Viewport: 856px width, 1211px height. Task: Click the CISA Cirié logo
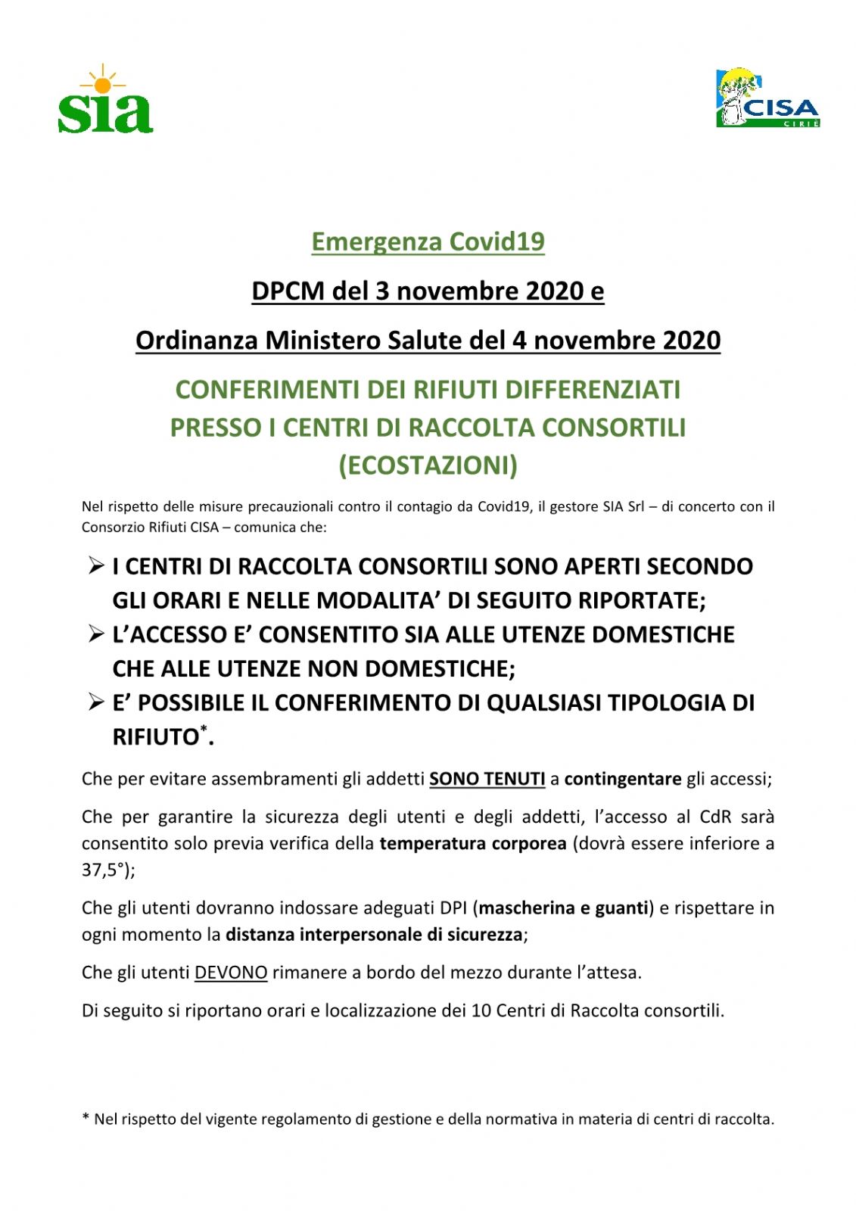click(x=767, y=98)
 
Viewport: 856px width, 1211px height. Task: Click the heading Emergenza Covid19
click(x=428, y=241)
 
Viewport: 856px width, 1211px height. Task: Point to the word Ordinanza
click(x=197, y=341)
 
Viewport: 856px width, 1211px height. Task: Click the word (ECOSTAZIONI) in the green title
click(x=428, y=465)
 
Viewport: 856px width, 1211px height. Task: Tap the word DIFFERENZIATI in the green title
click(x=593, y=390)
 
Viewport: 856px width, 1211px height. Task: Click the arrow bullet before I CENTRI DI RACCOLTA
click(x=96, y=565)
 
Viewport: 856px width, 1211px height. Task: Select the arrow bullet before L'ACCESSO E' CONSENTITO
click(x=96, y=634)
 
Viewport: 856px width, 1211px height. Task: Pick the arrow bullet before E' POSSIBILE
click(x=96, y=702)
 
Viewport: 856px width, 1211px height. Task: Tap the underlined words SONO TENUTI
click(x=487, y=779)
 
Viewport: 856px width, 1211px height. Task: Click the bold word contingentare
click(x=622, y=779)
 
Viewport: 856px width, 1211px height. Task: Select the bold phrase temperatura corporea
click(x=473, y=843)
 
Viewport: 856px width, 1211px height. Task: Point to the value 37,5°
click(x=104, y=870)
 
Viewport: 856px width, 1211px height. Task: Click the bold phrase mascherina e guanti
click(x=564, y=907)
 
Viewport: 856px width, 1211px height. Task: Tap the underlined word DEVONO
click(x=231, y=973)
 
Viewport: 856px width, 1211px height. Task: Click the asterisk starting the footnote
click(x=86, y=1118)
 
